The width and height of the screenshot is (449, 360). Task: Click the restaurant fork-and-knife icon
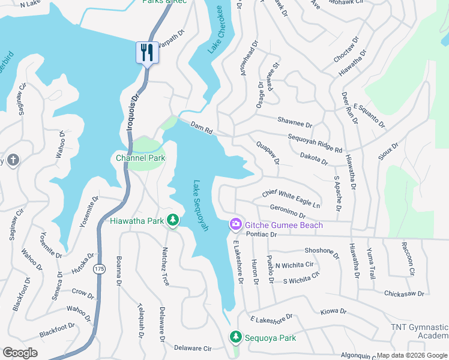(x=146, y=52)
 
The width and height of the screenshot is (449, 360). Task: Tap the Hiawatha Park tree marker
(x=173, y=221)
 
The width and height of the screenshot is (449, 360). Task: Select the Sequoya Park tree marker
(x=235, y=338)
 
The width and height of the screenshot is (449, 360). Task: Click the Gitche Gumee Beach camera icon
(x=236, y=224)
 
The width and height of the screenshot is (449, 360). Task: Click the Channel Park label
(x=140, y=158)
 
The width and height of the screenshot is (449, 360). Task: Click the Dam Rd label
(x=202, y=128)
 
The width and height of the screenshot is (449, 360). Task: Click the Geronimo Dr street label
(x=288, y=211)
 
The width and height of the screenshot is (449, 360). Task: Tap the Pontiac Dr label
(x=261, y=235)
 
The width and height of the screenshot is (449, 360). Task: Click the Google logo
(x=20, y=353)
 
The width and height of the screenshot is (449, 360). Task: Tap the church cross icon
(x=13, y=160)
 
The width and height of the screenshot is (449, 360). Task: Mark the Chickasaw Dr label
(x=404, y=294)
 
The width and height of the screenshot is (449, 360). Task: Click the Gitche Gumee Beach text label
(x=283, y=224)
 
